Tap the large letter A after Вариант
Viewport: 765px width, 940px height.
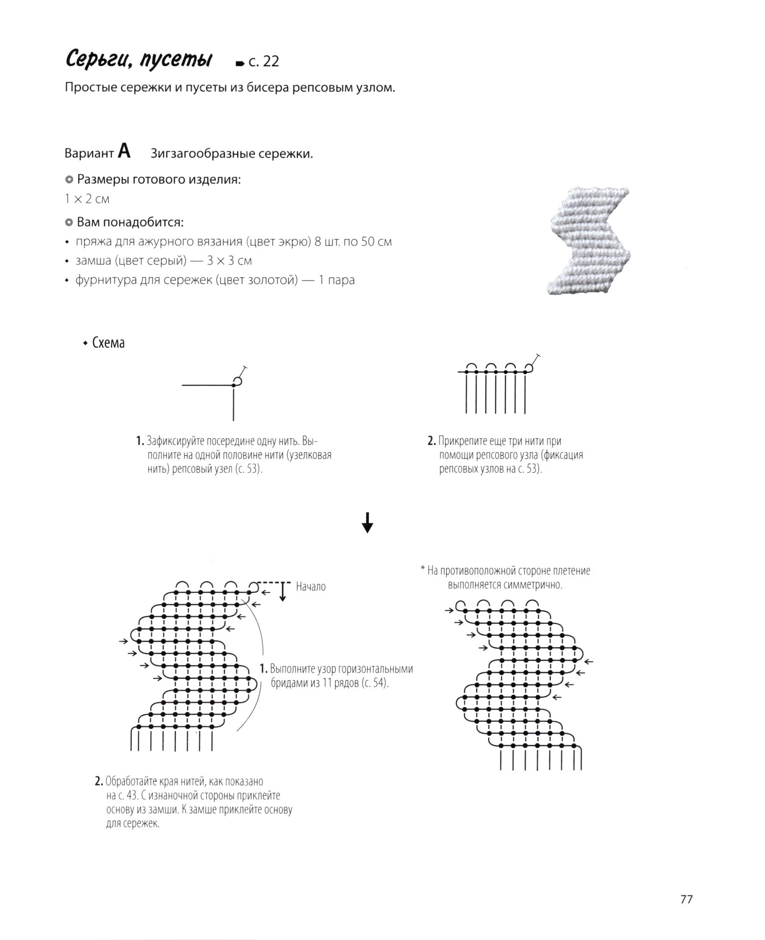tap(124, 151)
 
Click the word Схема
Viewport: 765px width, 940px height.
tap(108, 343)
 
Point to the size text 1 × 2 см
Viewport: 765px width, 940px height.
tap(87, 199)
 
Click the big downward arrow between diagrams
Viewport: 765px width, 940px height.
tap(367, 522)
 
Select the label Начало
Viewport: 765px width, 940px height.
tap(311, 587)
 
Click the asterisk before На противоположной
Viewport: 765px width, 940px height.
tap(423, 570)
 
